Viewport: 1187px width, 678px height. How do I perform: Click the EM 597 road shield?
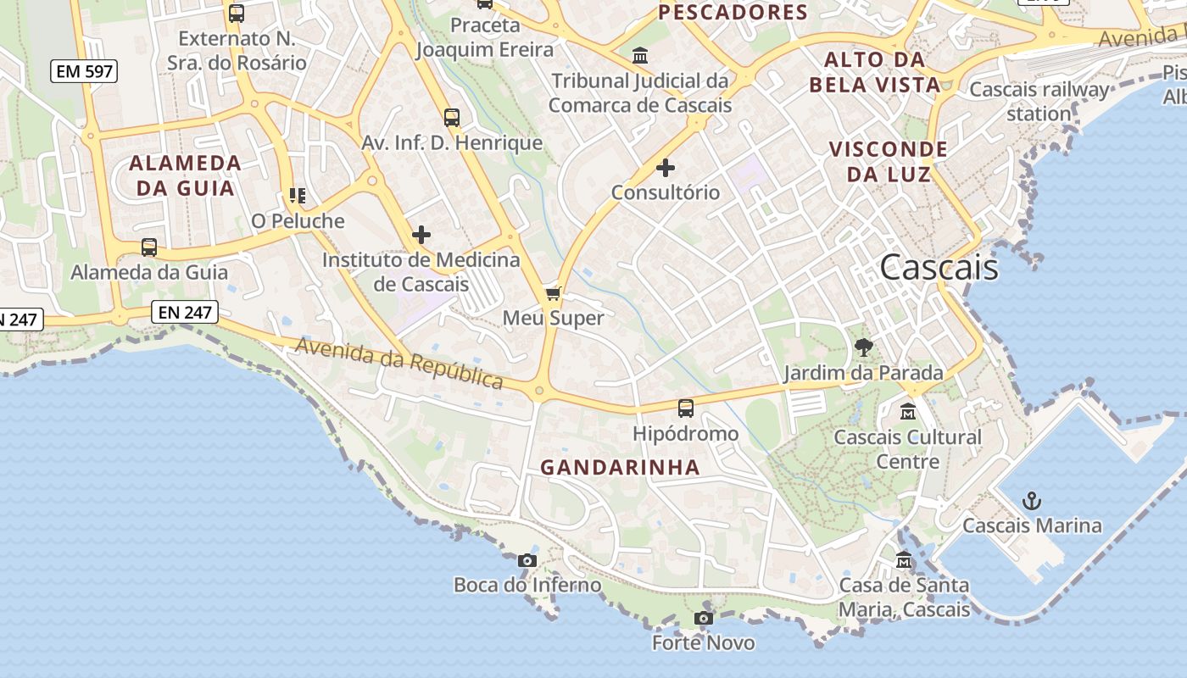click(83, 71)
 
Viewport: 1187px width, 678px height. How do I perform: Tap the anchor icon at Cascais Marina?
click(1031, 501)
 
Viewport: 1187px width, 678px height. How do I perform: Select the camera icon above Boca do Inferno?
click(527, 560)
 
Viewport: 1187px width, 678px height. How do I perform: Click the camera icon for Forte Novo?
click(703, 619)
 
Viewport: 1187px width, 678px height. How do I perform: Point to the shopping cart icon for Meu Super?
click(554, 293)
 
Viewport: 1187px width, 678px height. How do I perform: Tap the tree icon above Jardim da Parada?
click(864, 347)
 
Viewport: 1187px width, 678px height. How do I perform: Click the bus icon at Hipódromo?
click(686, 408)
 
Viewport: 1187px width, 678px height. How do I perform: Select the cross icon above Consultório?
click(666, 168)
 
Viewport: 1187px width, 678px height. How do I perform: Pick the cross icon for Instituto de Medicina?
click(421, 235)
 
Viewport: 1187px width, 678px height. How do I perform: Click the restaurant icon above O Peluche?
click(297, 197)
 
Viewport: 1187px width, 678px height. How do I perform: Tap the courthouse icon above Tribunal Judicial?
click(640, 56)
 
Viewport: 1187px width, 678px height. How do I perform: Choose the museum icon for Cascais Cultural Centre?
click(908, 412)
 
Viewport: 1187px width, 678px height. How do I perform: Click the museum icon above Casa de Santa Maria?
click(904, 560)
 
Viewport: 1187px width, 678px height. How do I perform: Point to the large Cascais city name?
click(939, 267)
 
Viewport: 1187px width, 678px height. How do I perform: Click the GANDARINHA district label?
click(621, 467)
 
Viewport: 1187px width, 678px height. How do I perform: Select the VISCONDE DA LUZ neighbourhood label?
click(889, 162)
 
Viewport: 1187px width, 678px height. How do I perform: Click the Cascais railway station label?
click(1039, 101)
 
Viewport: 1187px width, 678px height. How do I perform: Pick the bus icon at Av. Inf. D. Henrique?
click(452, 118)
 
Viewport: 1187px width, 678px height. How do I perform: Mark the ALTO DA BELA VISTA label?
click(875, 72)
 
